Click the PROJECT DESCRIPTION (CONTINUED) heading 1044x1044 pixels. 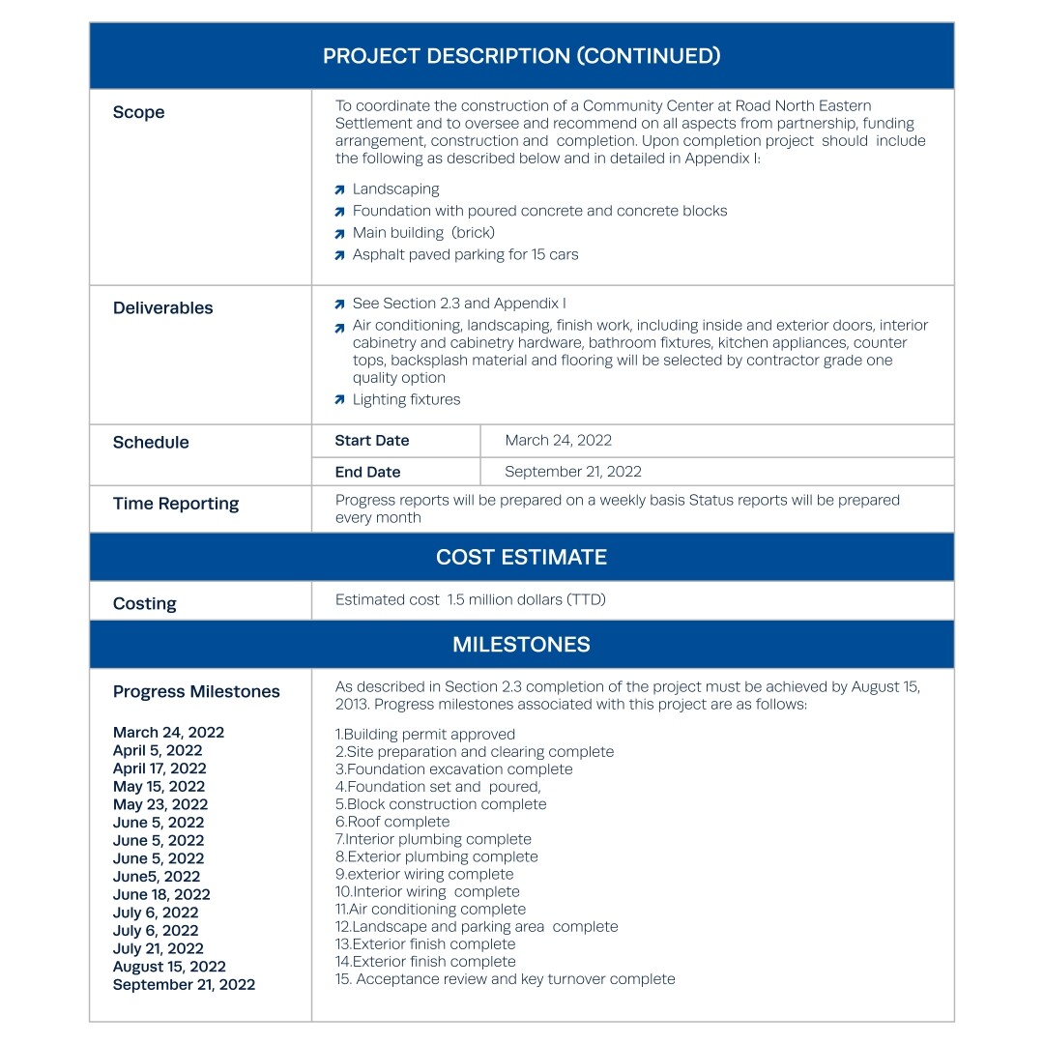521,56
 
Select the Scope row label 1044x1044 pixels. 139,112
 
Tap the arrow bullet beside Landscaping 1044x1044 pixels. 339,190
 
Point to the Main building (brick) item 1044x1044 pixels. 423,233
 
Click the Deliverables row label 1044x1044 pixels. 163,308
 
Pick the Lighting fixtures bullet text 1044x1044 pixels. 406,399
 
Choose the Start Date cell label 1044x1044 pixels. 372,441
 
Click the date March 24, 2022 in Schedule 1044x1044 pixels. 558,441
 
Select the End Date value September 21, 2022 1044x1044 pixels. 572,472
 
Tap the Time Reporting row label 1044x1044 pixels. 176,504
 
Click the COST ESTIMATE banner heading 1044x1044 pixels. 521,557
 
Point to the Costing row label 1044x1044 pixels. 145,604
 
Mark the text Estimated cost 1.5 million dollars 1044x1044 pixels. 470,600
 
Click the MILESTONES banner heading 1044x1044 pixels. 521,645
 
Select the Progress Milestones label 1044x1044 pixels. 196,692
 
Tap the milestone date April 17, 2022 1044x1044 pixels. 159,768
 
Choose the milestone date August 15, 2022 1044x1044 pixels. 169,967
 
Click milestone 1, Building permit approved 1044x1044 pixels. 425,735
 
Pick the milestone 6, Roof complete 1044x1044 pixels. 392,822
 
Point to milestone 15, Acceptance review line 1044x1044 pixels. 505,979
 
